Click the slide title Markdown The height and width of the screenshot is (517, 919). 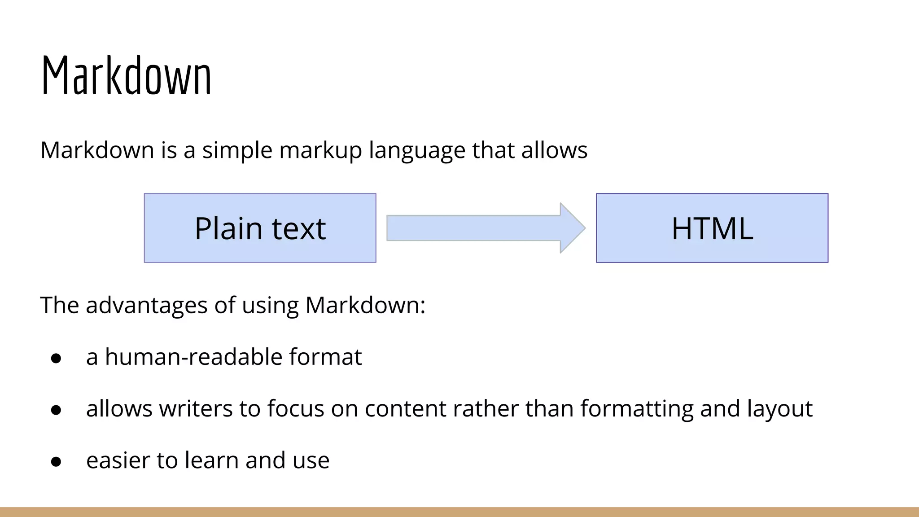(x=126, y=75)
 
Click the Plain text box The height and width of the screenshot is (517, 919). (x=260, y=228)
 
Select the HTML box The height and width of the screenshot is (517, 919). (x=712, y=228)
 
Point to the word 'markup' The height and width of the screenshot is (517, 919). (x=320, y=151)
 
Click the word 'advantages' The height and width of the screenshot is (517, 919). (x=146, y=306)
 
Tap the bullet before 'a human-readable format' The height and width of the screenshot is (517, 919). (x=56, y=358)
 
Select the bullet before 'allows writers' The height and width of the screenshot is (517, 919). (x=56, y=410)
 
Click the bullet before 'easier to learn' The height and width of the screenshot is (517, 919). (x=56, y=461)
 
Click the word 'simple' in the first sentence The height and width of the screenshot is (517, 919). (x=237, y=151)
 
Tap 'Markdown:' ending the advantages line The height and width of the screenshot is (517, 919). (x=365, y=306)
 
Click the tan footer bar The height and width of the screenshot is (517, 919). (x=459, y=512)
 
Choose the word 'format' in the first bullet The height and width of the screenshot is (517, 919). (x=325, y=357)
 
